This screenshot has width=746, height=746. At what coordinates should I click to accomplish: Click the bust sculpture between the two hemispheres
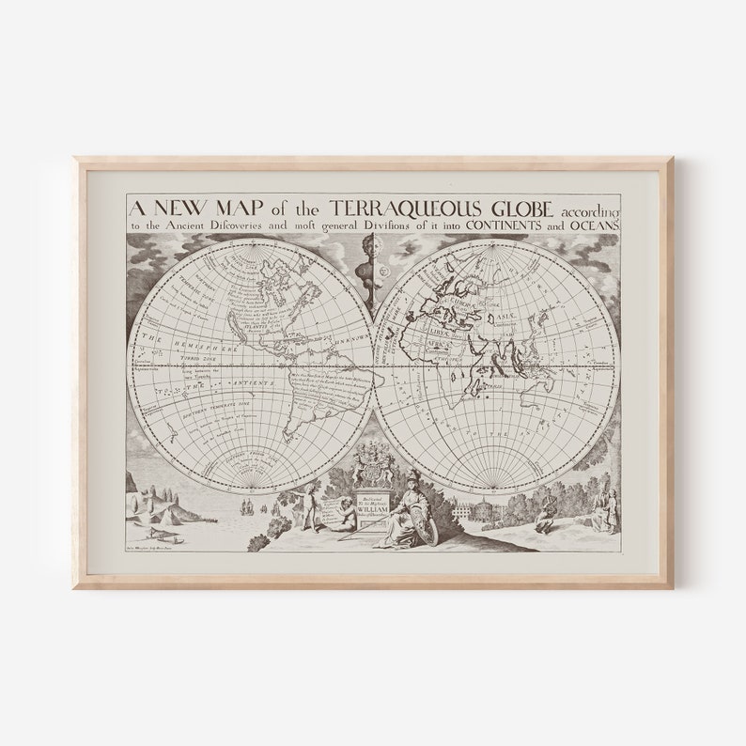click(x=372, y=269)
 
